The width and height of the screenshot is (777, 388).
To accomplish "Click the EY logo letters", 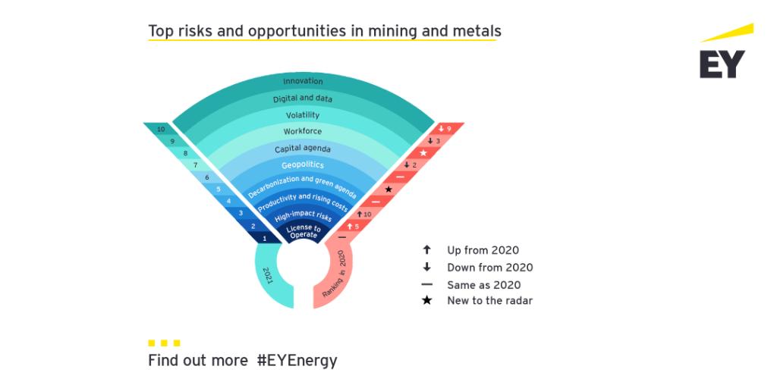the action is click(x=722, y=64).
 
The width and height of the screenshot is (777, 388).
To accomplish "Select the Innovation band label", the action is click(x=303, y=81).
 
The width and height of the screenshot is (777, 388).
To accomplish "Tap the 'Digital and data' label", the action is click(x=303, y=99).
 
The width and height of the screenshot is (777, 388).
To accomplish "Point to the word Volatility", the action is click(x=303, y=115).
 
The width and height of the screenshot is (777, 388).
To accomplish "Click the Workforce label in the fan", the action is click(x=303, y=132).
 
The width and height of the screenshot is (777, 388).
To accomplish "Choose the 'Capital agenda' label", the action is click(x=303, y=149).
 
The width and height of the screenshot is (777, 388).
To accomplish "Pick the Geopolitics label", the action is click(x=303, y=164).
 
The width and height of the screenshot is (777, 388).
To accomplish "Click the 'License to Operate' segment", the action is click(x=303, y=231).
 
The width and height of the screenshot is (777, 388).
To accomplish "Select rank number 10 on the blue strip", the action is click(x=161, y=130).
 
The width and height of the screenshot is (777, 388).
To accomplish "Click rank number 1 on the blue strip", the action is click(x=264, y=239).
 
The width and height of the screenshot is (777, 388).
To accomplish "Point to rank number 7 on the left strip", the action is click(x=195, y=164).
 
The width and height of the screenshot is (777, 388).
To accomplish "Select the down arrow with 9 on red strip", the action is click(x=445, y=130).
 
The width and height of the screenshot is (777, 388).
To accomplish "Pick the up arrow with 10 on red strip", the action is click(x=364, y=214).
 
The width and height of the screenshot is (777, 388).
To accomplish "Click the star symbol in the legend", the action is click(x=427, y=301).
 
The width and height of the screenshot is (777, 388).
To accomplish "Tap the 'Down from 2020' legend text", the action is click(x=489, y=268).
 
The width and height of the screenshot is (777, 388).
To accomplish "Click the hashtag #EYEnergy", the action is click(x=297, y=361).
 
